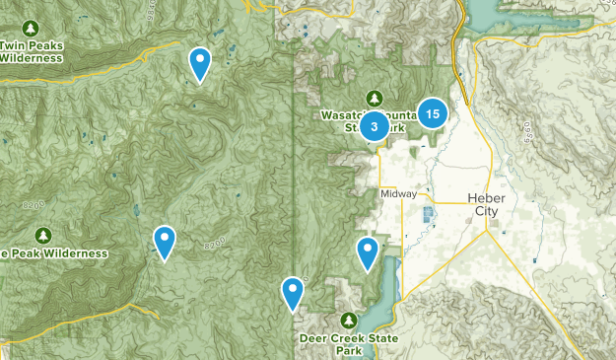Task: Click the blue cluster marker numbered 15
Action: click(433, 114)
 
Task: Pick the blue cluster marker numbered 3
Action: click(375, 126)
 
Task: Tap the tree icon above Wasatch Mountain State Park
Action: click(374, 97)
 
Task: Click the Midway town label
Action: click(398, 194)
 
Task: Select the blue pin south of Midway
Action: click(368, 253)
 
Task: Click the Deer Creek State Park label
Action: click(351, 344)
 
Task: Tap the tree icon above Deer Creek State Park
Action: click(349, 321)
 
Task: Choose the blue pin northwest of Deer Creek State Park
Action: click(293, 293)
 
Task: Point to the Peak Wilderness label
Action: click(53, 253)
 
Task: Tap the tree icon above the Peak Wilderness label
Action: click(42, 234)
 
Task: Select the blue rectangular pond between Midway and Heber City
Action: click(428, 214)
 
